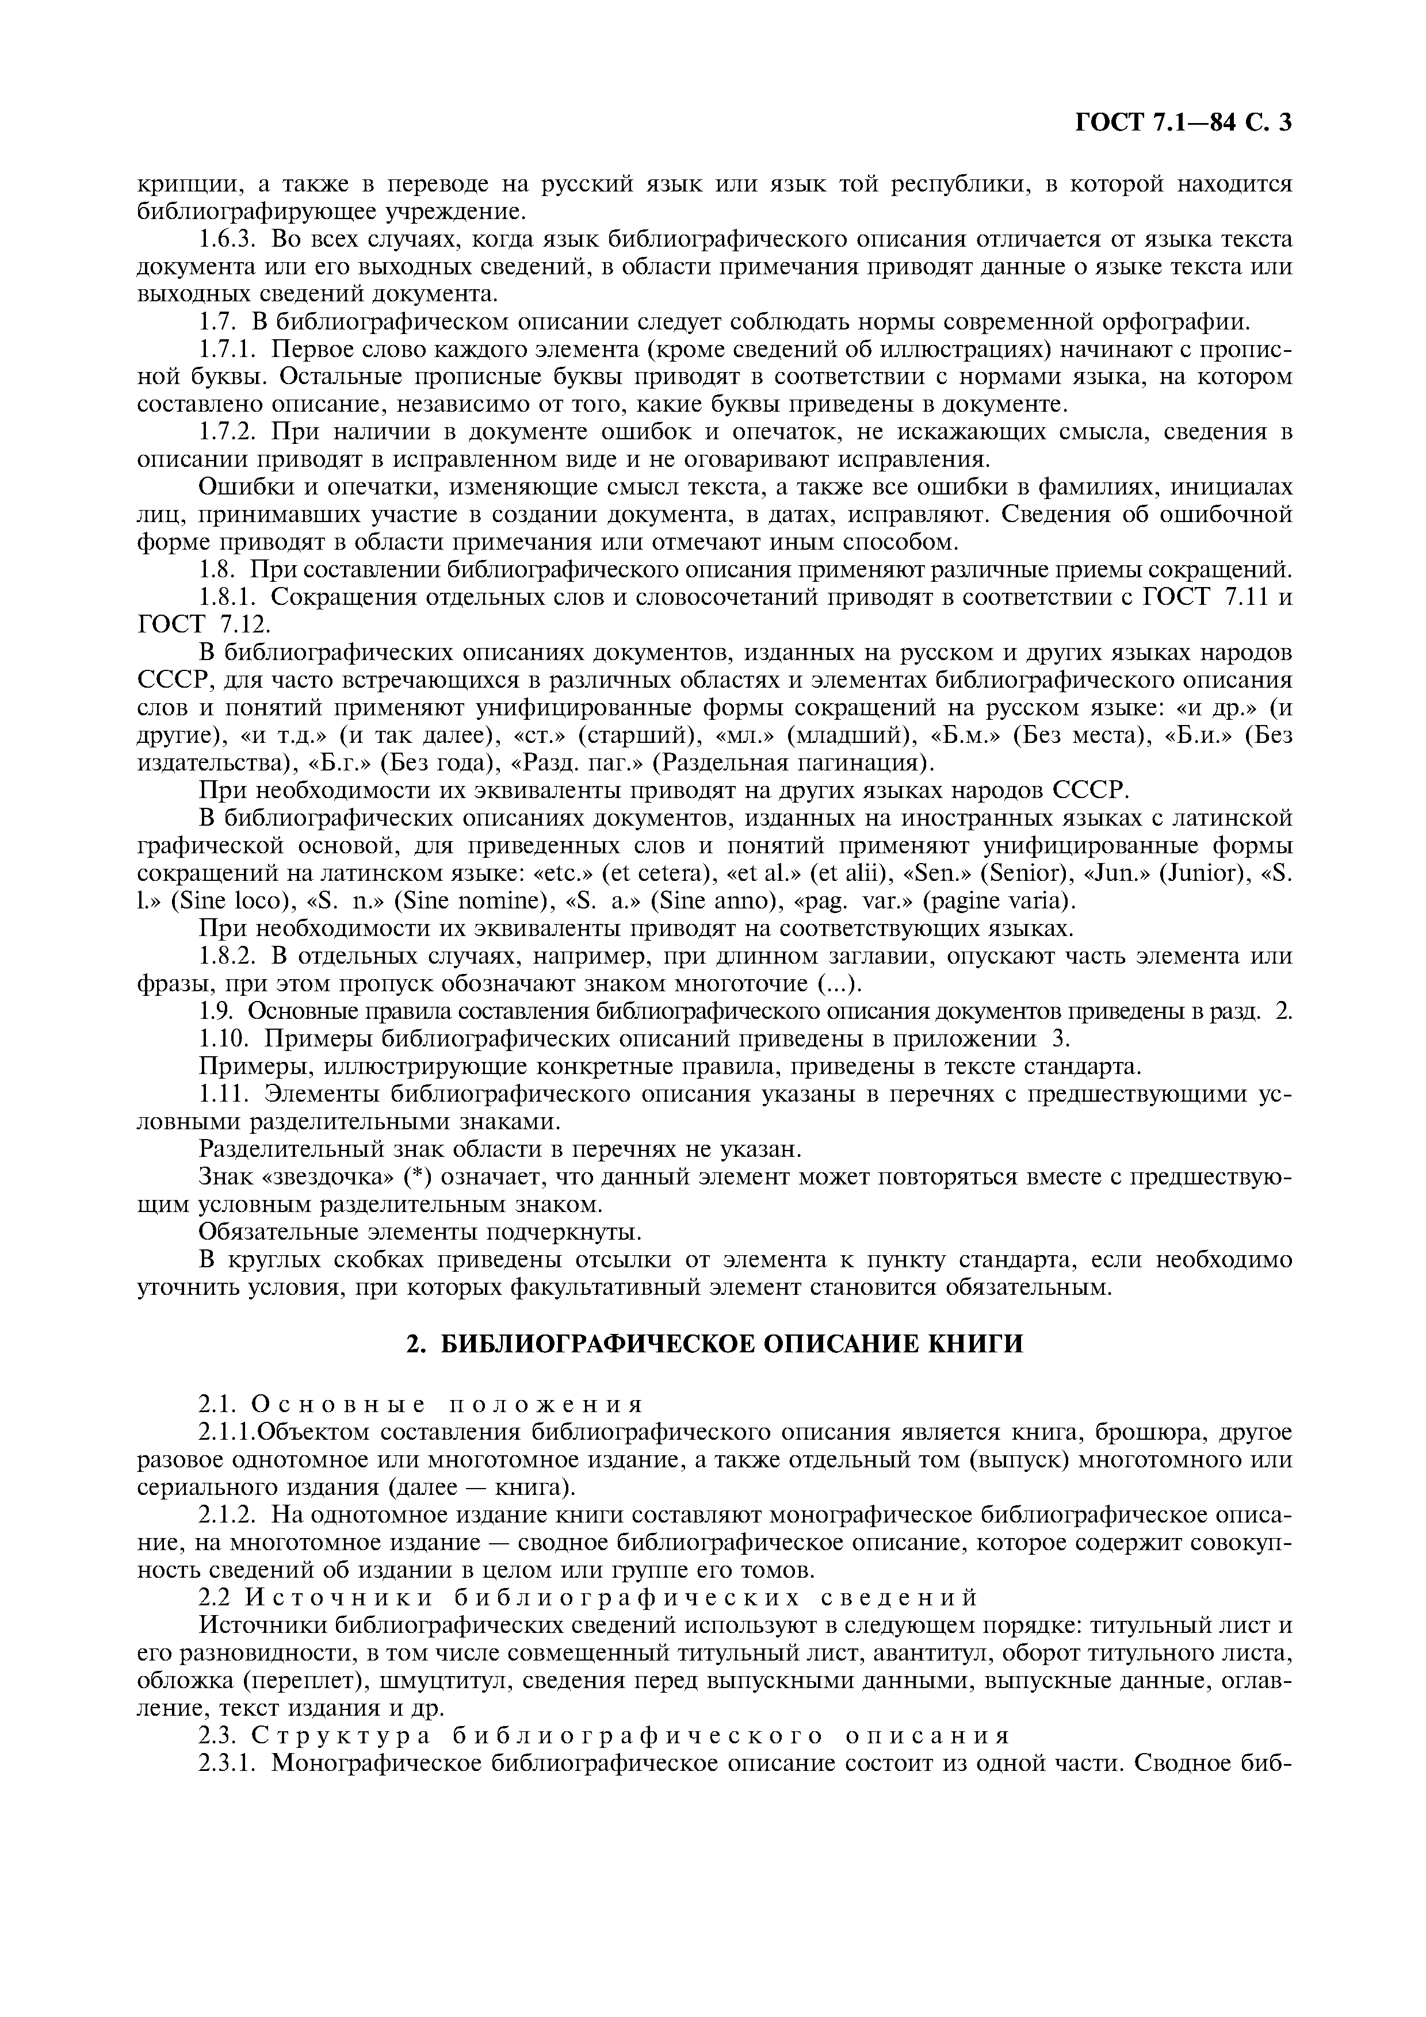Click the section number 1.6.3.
point(228,239)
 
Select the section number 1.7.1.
point(228,350)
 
